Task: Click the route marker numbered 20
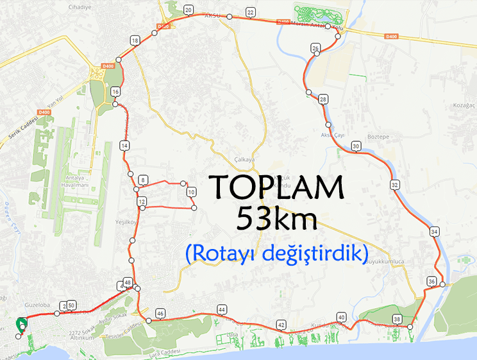click(x=188, y=10)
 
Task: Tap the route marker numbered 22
click(x=250, y=12)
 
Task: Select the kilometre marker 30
click(x=356, y=147)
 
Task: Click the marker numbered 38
click(x=397, y=319)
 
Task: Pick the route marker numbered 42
click(x=281, y=324)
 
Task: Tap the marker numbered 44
click(x=222, y=309)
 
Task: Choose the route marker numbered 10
click(x=191, y=192)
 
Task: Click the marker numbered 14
click(x=124, y=146)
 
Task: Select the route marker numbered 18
click(x=135, y=40)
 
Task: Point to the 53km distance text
click(x=277, y=219)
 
